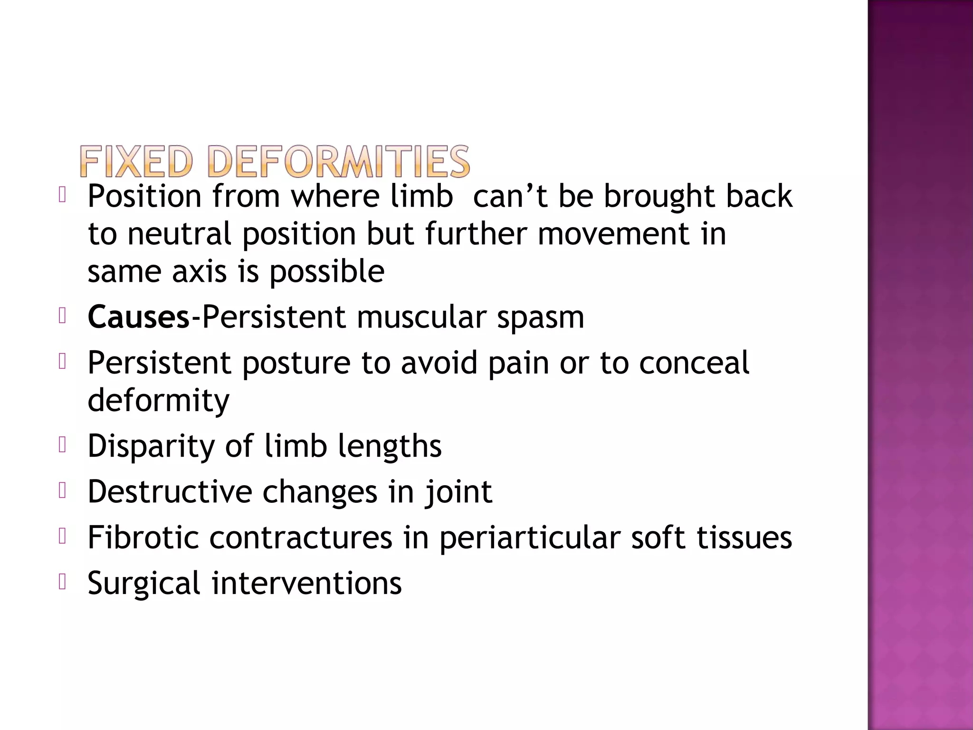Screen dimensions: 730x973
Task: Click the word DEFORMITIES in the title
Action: pos(339,162)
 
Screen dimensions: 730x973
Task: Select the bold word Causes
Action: pos(138,317)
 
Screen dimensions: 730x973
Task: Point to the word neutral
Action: pos(179,234)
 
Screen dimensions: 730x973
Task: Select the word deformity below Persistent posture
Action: pos(158,401)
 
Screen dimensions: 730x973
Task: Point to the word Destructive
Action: pos(170,492)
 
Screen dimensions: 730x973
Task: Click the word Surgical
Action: pos(144,584)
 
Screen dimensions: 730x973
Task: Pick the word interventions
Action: pos(306,583)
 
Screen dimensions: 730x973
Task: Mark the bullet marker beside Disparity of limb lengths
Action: pos(62,445)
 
